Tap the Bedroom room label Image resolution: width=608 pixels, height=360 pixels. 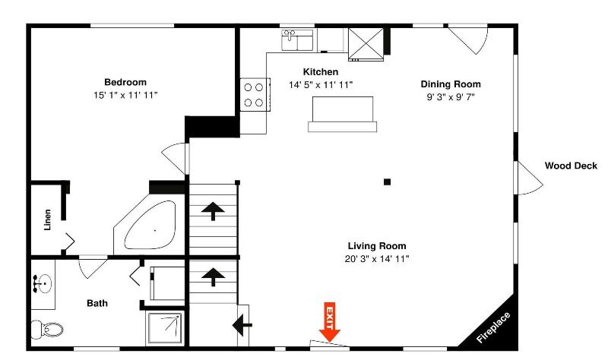(125, 82)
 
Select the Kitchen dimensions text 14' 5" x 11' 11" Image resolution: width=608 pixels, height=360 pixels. (321, 85)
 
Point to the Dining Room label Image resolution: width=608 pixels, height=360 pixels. (451, 84)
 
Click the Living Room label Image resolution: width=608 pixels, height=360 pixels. (377, 246)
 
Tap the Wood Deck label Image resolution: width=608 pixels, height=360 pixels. (571, 166)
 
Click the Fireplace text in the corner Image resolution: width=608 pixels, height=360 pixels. (493, 327)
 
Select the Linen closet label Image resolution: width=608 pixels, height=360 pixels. (47, 219)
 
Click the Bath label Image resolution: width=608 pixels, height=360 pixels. (97, 303)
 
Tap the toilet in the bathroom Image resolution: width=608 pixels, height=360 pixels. (47, 330)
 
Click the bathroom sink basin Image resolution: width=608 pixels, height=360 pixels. (43, 284)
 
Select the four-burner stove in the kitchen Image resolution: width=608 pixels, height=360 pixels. (254, 94)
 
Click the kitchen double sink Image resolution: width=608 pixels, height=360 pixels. (297, 40)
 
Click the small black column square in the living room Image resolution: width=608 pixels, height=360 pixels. (387, 182)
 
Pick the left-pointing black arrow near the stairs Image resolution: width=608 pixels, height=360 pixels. (242, 325)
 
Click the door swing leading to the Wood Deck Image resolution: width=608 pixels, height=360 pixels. (529, 178)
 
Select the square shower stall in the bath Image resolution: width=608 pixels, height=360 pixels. (165, 328)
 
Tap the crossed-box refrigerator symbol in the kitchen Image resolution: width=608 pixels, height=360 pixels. (366, 44)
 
